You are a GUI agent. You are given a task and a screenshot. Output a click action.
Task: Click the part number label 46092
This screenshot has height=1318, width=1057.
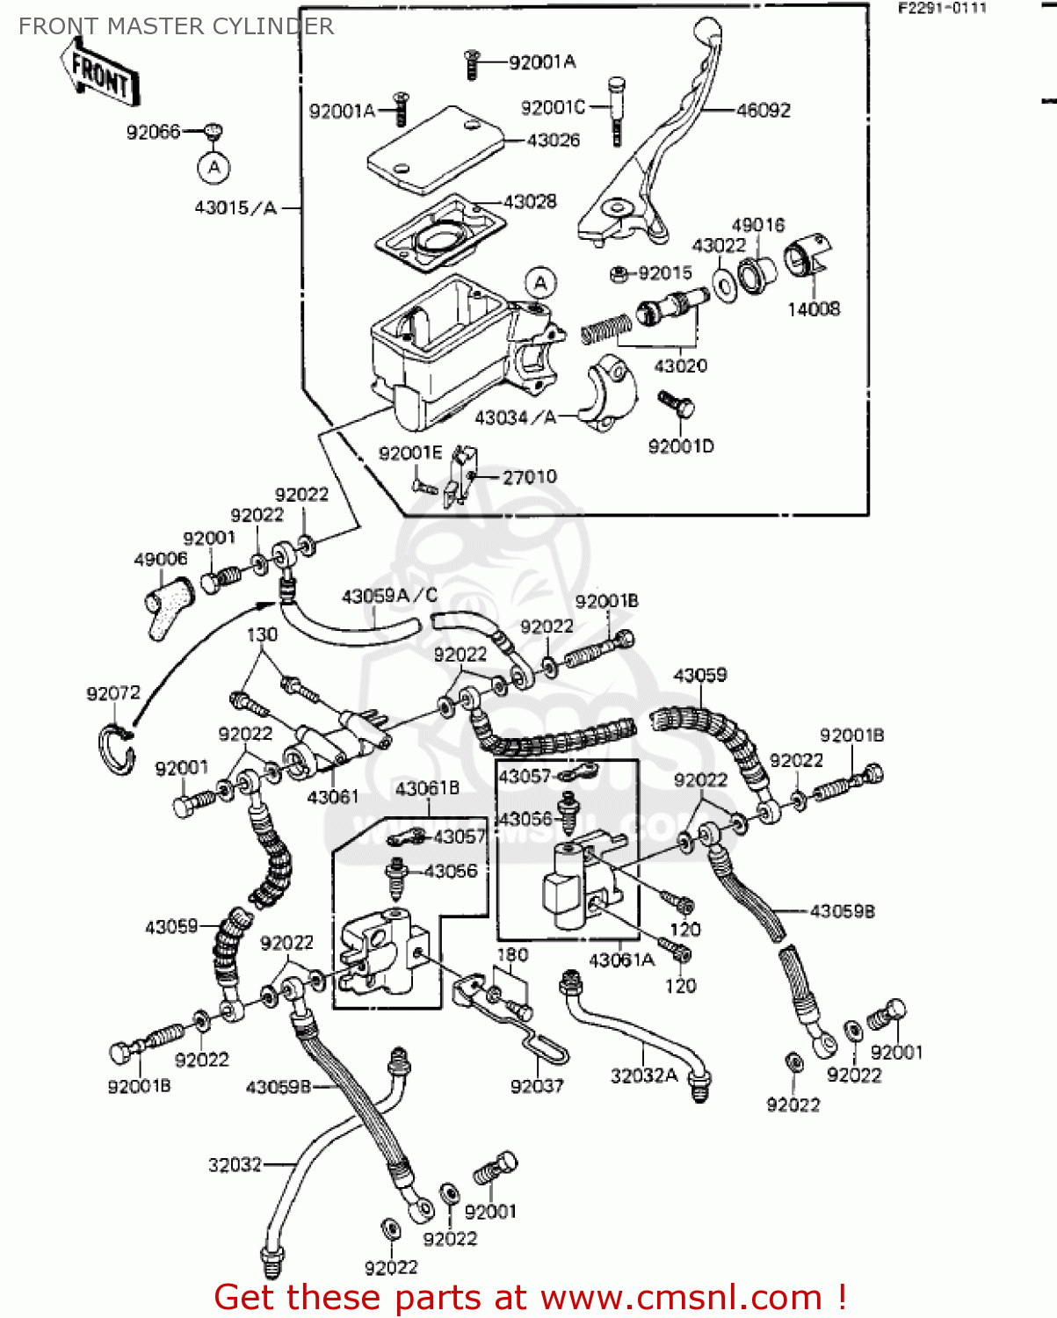763,111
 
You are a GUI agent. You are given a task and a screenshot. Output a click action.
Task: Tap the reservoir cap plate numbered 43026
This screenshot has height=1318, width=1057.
434,149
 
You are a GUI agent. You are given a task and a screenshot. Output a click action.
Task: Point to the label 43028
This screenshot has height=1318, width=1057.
530,202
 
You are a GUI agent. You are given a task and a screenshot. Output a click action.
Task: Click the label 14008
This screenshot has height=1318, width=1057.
813,309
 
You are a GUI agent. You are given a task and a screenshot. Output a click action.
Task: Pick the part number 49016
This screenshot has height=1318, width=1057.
757,226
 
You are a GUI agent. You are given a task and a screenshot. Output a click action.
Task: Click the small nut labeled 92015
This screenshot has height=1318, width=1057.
618,274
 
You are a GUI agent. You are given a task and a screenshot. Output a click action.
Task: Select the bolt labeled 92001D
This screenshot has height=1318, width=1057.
676,405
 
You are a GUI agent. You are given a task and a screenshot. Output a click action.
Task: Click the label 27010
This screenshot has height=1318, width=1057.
529,477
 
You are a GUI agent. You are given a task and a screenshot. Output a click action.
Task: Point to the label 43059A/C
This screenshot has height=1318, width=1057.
389,597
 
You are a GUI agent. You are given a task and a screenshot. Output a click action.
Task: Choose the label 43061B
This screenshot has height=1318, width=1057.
427,789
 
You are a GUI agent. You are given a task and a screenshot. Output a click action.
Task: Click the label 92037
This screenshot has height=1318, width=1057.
536,1087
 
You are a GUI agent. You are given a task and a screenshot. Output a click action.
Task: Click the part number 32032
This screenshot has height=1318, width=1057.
235,1165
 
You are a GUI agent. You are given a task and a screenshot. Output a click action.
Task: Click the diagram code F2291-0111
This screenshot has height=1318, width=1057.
942,8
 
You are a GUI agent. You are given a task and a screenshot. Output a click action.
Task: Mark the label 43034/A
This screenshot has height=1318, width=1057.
515,418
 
